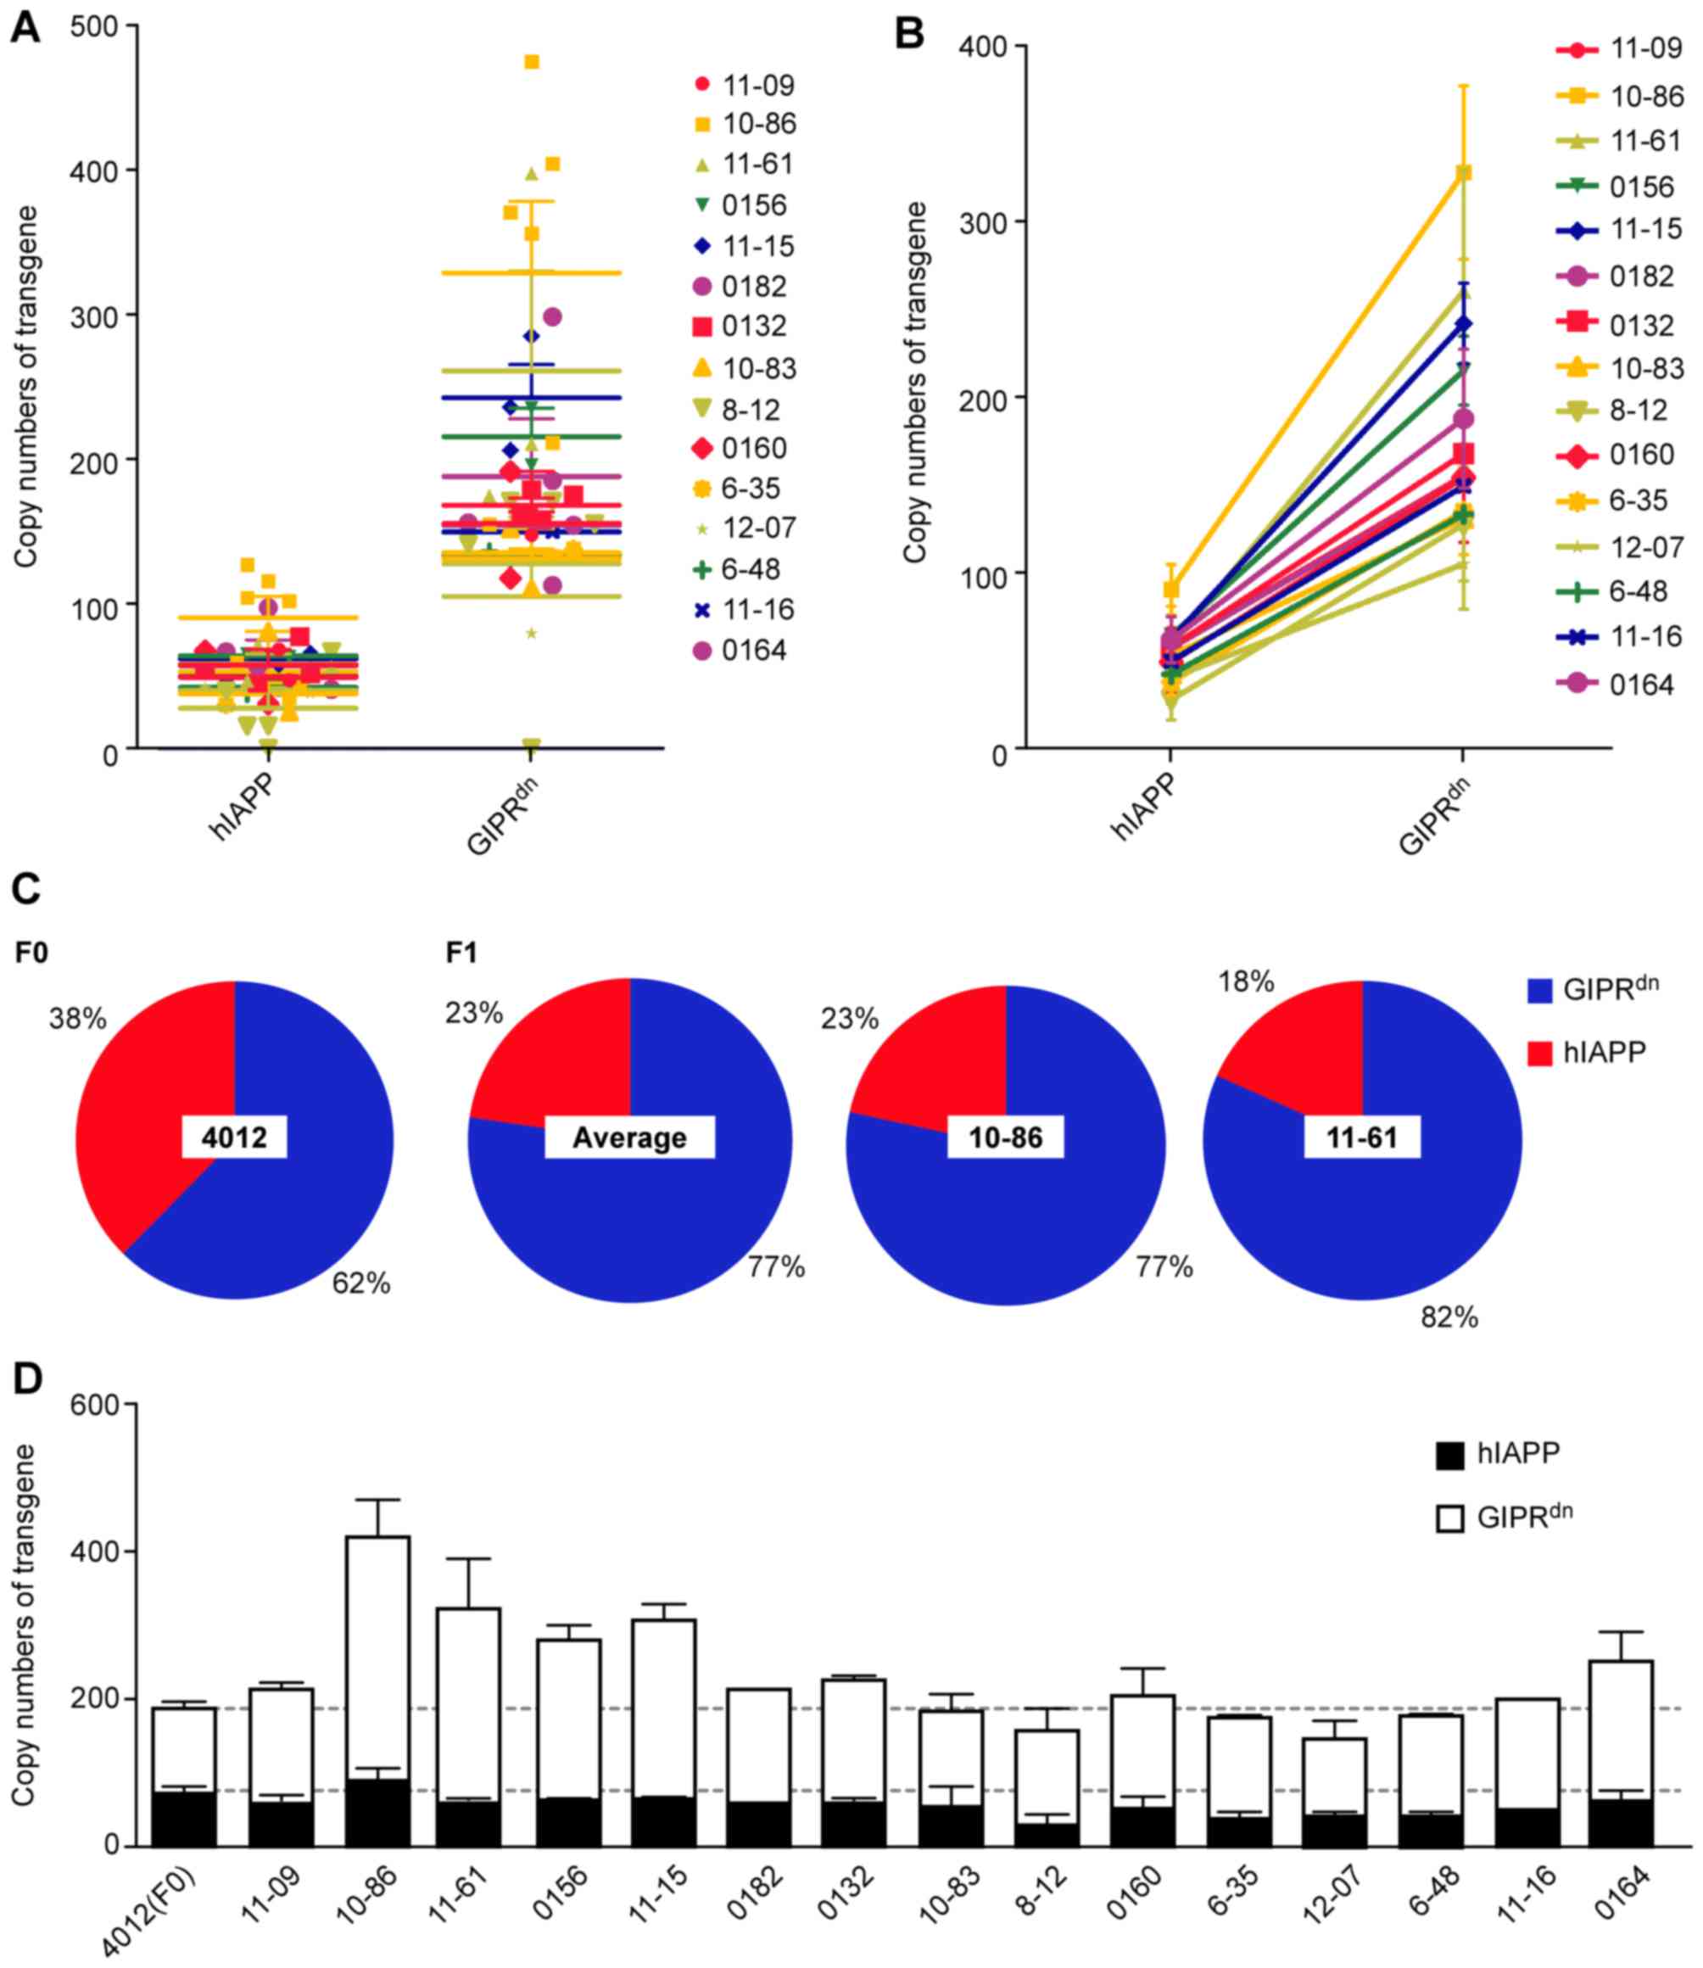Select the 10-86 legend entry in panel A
tap(757, 125)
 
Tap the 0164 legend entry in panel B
tap(1641, 685)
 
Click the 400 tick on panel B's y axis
tap(978, 47)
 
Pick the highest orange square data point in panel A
tap(533, 63)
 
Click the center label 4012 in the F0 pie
tap(235, 1138)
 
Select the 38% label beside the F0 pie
tap(78, 1020)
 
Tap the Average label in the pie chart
tap(629, 1138)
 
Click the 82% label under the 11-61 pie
tap(1449, 1317)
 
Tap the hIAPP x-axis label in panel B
tap(1143, 808)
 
